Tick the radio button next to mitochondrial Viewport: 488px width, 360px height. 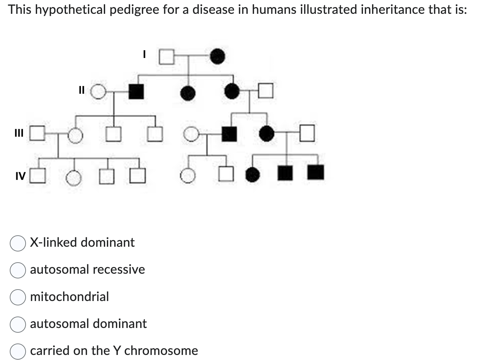click(18, 297)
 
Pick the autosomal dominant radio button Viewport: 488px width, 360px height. click(18, 324)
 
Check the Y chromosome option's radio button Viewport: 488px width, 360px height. click(18, 351)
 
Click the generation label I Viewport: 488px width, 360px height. click(144, 54)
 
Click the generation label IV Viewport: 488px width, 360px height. click(20, 176)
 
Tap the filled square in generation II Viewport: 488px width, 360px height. click(136, 91)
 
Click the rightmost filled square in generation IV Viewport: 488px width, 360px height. click(316, 172)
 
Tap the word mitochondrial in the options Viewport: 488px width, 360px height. click(69, 297)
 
